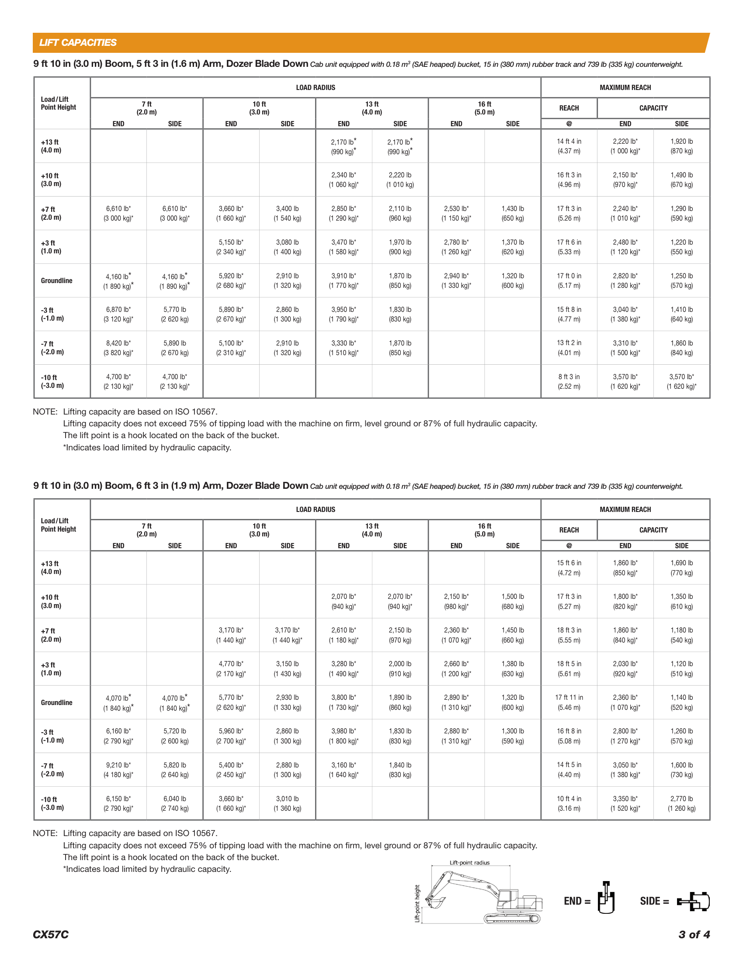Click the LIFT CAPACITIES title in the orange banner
[x=77, y=43]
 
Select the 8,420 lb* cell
[x=118, y=348]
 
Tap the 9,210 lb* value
[x=118, y=770]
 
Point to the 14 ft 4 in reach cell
[x=569, y=146]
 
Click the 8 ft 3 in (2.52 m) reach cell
[x=569, y=381]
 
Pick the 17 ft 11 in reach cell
[x=569, y=702]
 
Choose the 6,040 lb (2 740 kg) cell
[x=175, y=803]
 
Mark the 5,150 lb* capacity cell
[x=231, y=247]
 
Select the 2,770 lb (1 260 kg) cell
[x=681, y=803]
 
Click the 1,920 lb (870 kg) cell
[x=681, y=146]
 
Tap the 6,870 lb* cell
[x=118, y=314]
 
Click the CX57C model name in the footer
[x=51, y=934]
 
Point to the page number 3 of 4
[x=694, y=934]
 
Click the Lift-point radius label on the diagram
[x=469, y=862]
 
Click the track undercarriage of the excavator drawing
[x=512, y=918]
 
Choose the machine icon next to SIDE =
[x=694, y=901]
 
